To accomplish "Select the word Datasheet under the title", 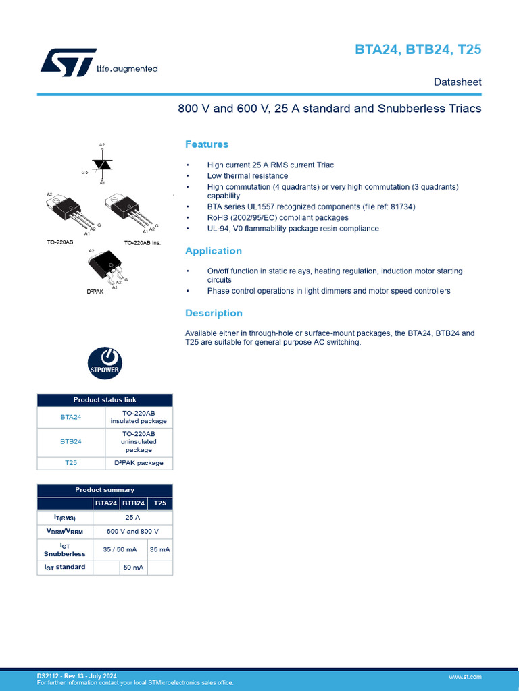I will point(458,82).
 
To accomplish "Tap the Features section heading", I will point(207,144).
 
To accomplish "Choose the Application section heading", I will point(214,251).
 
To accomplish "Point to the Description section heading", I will point(214,313).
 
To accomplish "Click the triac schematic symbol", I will point(102,164).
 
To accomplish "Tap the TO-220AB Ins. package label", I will point(143,242).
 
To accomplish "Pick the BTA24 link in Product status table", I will point(71,417).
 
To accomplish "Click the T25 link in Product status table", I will point(71,463).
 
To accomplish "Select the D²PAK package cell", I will point(139,463).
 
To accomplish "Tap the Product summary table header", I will point(105,490).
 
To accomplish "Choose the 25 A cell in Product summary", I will point(132,518).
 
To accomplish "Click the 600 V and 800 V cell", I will point(132,532).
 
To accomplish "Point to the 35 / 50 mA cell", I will point(120,549).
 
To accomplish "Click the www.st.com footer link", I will point(465,676).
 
